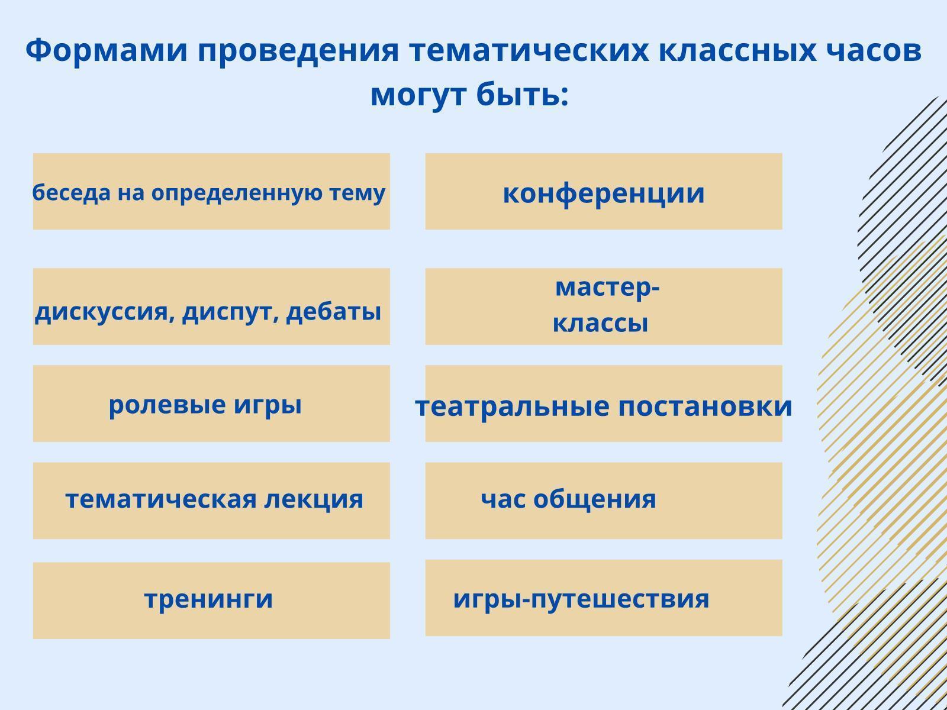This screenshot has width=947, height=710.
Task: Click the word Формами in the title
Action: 107,50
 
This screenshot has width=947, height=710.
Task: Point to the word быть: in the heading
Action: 523,95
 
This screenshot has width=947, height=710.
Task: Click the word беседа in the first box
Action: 72,192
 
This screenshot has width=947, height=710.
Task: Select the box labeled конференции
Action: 604,191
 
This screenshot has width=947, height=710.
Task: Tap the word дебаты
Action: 333,311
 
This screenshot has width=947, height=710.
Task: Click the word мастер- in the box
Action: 607,287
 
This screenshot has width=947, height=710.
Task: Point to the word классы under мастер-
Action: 601,323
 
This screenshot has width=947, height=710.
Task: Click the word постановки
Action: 705,406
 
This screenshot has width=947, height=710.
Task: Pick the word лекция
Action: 314,500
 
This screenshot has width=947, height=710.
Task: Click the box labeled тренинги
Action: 211,601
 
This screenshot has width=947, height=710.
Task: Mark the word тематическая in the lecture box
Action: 161,499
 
